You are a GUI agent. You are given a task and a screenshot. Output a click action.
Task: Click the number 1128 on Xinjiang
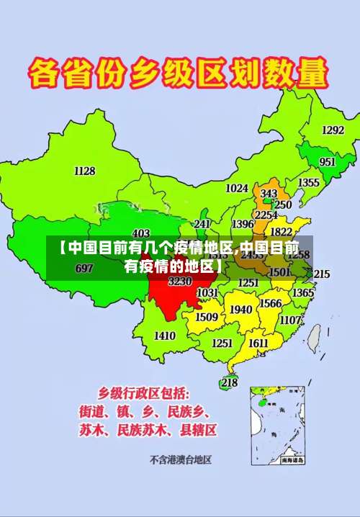[x=84, y=171]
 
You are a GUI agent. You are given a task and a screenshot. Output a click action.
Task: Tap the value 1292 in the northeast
[x=332, y=130]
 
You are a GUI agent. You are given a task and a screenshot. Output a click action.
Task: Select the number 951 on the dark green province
[x=327, y=162]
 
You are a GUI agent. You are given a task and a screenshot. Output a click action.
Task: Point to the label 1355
[x=308, y=183]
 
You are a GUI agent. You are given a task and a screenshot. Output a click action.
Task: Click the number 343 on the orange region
[x=269, y=194]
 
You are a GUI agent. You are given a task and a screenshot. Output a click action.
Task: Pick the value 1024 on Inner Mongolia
[x=237, y=188]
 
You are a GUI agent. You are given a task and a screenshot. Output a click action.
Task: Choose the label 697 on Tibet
[x=84, y=269]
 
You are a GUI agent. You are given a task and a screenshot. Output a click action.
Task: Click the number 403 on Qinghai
[x=141, y=233]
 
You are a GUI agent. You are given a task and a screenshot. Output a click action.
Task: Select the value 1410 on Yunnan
[x=164, y=336]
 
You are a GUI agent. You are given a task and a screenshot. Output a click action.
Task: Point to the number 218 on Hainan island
[x=229, y=383]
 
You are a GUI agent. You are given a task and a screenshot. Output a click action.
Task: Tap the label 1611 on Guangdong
[x=258, y=343]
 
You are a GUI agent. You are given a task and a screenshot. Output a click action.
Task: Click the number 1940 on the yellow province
[x=240, y=310]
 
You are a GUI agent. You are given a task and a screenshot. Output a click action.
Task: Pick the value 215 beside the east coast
[x=321, y=274]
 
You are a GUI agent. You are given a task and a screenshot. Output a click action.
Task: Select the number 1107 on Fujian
[x=290, y=320]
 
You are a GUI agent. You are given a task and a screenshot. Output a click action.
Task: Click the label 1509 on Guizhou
[x=207, y=317]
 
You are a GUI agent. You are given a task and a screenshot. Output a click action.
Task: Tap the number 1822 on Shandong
[x=281, y=232]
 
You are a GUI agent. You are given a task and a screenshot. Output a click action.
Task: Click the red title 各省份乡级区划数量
[x=178, y=73]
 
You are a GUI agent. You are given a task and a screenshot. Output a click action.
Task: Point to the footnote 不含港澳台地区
[x=180, y=459]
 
